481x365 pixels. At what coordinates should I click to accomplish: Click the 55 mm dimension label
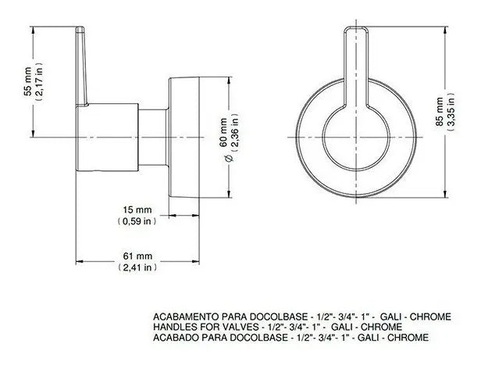click(27, 81)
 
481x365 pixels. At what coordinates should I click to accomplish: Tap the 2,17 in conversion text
click(40, 81)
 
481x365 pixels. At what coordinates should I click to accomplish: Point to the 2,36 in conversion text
click(235, 133)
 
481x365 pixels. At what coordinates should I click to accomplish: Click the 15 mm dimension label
click(137, 210)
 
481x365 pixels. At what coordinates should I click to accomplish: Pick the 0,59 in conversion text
click(137, 221)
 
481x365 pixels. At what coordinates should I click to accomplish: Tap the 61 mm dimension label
click(137, 256)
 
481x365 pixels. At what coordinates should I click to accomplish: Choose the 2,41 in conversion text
click(137, 267)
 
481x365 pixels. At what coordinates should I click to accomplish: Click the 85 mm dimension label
click(440, 112)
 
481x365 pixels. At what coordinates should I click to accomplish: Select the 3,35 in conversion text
click(451, 112)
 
